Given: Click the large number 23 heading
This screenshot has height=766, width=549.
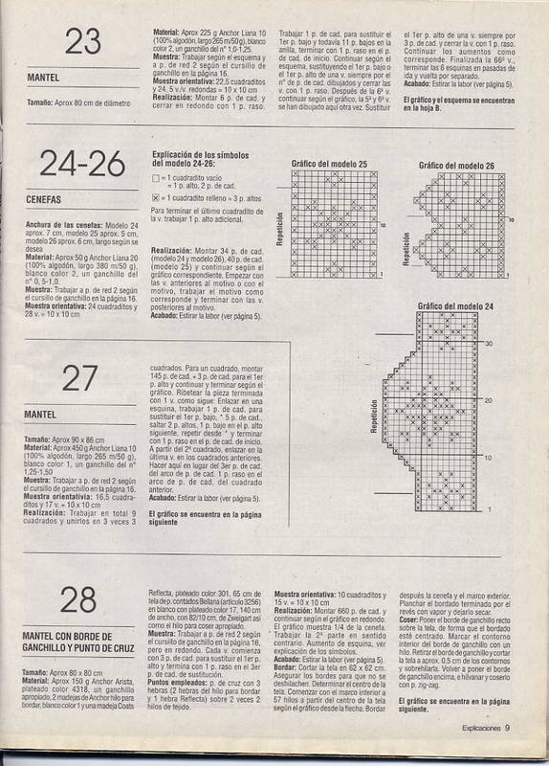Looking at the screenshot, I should click(x=84, y=42).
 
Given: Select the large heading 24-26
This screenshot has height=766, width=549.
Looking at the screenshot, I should click(x=84, y=165).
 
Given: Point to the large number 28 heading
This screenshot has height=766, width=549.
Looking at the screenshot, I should click(x=84, y=599).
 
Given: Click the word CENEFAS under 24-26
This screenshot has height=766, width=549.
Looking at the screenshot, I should click(x=46, y=200).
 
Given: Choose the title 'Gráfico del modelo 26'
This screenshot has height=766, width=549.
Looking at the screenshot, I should click(x=456, y=165).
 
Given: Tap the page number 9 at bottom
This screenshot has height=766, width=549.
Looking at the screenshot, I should click(x=508, y=754).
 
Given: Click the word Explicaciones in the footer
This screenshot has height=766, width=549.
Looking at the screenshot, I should click(x=474, y=754).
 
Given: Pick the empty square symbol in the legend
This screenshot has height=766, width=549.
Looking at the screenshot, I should click(x=156, y=178).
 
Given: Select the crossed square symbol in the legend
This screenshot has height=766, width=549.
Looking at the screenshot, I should click(x=156, y=196).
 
